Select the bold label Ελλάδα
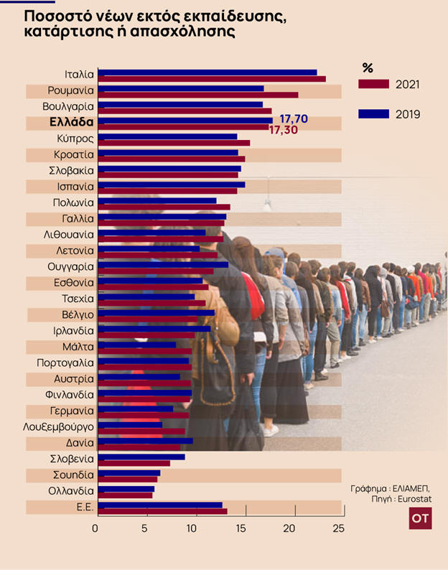[71, 123]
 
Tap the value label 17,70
[294, 118]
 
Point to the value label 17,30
[283, 130]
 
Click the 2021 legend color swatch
[373, 84]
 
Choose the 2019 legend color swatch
[373, 113]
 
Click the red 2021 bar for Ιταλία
[212, 79]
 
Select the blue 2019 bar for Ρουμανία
[181, 88]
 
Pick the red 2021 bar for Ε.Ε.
[162, 511]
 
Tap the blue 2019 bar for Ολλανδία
[126, 489]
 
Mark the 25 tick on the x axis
[339, 528]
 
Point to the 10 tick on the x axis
[192, 528]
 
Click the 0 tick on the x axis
[95, 528]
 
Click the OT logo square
[420, 518]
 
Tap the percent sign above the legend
[368, 68]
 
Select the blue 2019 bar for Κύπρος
[167, 136]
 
